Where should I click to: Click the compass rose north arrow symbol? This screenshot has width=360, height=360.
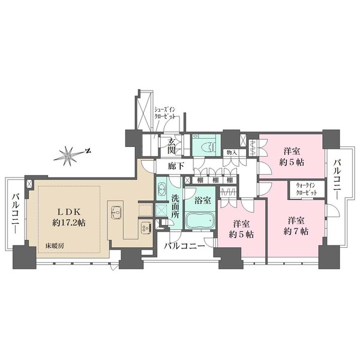[x=71, y=155]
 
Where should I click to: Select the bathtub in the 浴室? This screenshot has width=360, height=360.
[x=200, y=220]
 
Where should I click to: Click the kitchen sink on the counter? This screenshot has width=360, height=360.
[x=116, y=212]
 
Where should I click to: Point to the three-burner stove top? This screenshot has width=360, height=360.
[x=146, y=228]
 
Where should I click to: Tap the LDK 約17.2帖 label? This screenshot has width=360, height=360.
[x=68, y=217]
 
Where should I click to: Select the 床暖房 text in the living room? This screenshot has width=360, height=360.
[x=55, y=246]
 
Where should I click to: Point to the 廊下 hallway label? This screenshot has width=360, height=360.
[x=176, y=166]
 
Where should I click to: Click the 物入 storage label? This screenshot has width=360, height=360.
[x=232, y=152]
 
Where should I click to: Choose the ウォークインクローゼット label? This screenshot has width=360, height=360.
[x=307, y=189]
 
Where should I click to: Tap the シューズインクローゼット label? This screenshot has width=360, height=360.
[x=164, y=113]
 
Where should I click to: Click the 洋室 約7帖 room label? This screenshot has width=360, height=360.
[x=296, y=226]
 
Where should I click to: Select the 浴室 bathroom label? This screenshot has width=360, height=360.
[x=203, y=200]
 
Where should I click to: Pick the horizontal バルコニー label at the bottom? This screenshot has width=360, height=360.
[x=184, y=247]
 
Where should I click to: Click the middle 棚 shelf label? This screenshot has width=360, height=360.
[x=215, y=180]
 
